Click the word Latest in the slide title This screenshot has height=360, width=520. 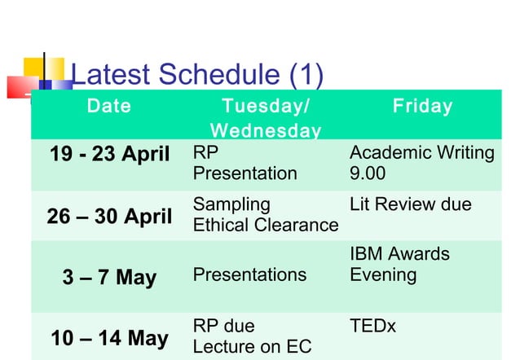point(111,75)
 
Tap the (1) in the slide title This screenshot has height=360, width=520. point(306,75)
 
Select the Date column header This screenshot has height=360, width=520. point(109,107)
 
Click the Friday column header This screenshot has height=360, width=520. point(422,107)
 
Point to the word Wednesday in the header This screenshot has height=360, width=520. point(265,131)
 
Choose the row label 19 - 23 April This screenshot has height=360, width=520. point(110,154)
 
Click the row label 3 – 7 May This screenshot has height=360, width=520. point(109,277)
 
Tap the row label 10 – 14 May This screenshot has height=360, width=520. point(110,338)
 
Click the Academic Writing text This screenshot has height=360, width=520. point(421,153)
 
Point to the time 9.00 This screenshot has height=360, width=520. point(368,173)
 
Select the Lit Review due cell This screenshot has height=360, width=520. point(410,204)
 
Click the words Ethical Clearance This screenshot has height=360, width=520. point(265,225)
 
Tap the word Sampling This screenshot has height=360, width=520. point(231,204)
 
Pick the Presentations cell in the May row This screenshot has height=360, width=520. point(249,275)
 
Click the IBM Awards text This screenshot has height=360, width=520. point(399,254)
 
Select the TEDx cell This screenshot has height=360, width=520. point(372,327)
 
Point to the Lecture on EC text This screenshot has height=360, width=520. point(252,347)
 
